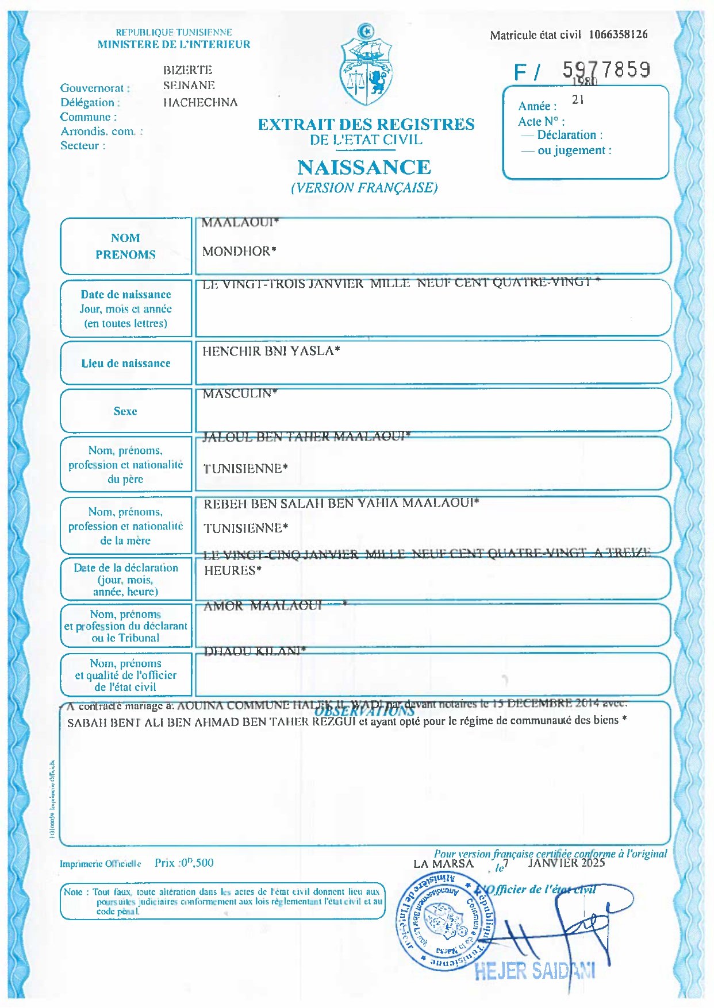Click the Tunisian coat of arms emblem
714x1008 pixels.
tap(366, 66)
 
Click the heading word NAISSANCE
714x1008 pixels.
tap(364, 168)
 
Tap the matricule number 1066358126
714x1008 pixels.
tap(618, 34)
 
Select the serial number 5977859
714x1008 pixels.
tap(606, 70)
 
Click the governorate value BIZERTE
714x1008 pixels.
tap(188, 70)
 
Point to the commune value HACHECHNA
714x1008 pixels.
tap(200, 103)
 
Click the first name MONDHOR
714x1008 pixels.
tap(239, 251)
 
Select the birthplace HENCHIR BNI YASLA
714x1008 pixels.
tap(271, 351)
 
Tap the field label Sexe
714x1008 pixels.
tap(125, 411)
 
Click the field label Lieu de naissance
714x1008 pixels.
tap(125, 364)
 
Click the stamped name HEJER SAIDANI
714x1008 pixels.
tap(535, 971)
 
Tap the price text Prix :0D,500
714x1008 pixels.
tap(184, 863)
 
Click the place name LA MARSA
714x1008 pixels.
tap(443, 864)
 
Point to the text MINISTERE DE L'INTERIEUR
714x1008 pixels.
tap(174, 44)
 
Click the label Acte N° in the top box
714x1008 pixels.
tap(541, 122)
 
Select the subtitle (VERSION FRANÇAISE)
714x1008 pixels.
tap(364, 188)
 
